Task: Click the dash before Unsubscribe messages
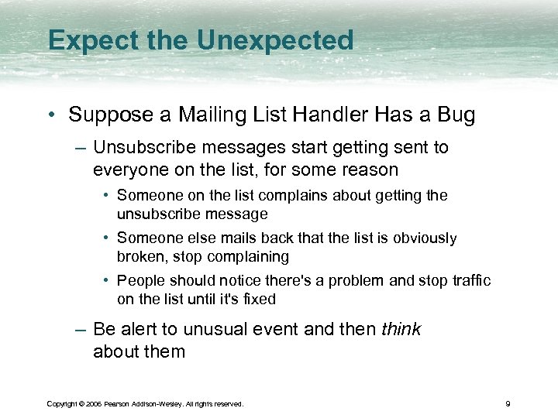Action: coord(81,147)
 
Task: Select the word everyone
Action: coord(129,169)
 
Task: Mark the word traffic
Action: coord(467,281)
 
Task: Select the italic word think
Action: coord(401,329)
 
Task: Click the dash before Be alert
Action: coord(81,330)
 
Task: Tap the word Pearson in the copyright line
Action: coord(121,404)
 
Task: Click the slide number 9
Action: coord(507,403)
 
